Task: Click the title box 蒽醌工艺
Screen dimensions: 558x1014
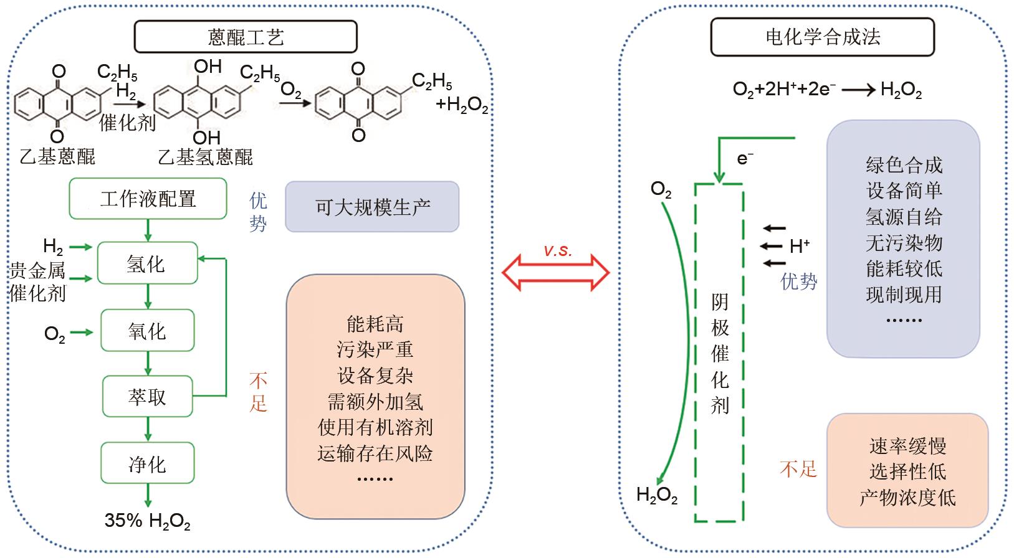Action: tap(246, 37)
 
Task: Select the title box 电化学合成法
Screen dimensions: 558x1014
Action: tap(822, 37)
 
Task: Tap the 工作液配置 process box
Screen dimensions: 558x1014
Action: tap(148, 199)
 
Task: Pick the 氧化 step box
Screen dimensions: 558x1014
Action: tap(147, 331)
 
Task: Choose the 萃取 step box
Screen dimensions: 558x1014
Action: tap(147, 397)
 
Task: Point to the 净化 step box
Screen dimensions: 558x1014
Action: tap(147, 464)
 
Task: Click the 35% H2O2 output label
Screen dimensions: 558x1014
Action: tap(147, 521)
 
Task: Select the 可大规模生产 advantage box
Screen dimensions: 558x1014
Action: tap(372, 207)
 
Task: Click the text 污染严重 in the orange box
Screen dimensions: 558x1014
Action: tap(375, 349)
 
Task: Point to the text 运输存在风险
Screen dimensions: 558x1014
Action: tap(375, 453)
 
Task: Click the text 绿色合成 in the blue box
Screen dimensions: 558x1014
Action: tap(904, 165)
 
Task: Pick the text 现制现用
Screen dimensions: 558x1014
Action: tap(904, 294)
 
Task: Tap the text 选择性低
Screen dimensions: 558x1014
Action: tap(907, 471)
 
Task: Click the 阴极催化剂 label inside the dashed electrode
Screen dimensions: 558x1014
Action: tap(720, 354)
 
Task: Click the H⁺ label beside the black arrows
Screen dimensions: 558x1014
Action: tap(800, 247)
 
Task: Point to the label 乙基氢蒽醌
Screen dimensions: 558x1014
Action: tap(206, 157)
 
